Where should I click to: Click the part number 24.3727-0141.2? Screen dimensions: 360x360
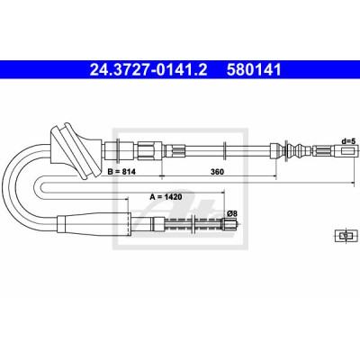tap(148, 69)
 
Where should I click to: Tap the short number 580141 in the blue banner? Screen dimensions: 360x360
tap(254, 69)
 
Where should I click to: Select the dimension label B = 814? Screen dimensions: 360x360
tap(121, 172)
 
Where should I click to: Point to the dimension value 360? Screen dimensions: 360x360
tap(217, 172)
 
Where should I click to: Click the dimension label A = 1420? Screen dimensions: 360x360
tap(166, 197)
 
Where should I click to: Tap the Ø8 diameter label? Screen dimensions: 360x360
tap(232, 214)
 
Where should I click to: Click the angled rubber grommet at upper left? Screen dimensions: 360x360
tap(76, 150)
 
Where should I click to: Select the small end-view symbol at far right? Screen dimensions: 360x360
tap(346, 235)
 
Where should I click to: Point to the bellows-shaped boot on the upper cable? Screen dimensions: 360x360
tap(295, 150)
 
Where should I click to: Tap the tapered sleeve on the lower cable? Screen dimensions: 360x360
tap(94, 223)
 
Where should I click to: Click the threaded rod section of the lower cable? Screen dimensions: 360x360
tap(193, 223)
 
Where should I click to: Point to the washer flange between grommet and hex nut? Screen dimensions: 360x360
tap(118, 150)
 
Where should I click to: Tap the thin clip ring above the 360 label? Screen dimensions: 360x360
tap(224, 150)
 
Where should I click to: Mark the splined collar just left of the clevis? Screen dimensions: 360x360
tap(322, 150)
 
